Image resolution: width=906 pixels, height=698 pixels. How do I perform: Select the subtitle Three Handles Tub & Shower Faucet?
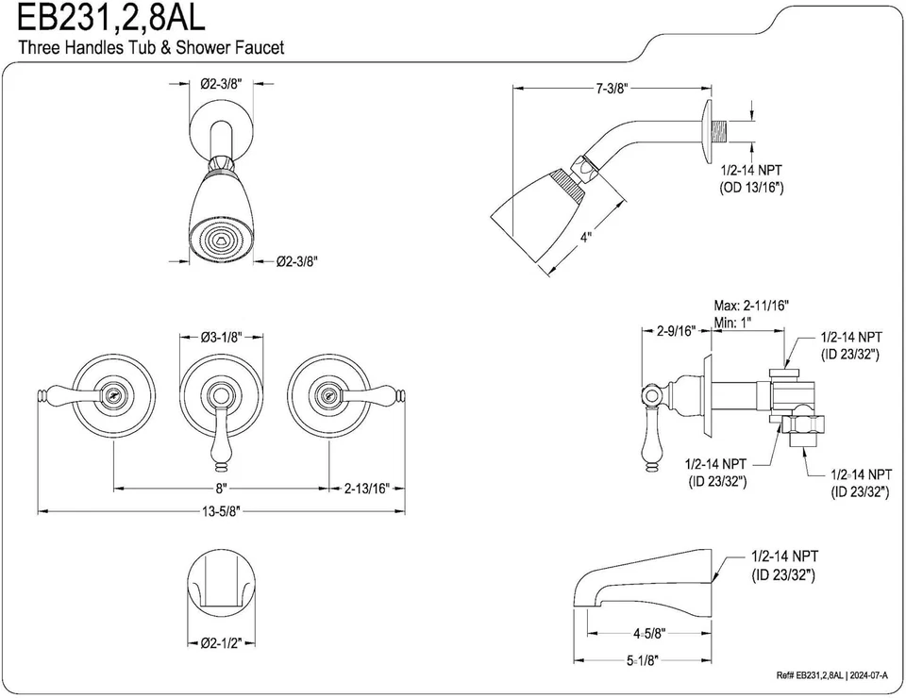[x=151, y=47]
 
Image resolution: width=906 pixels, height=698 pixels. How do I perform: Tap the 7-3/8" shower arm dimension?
[x=612, y=89]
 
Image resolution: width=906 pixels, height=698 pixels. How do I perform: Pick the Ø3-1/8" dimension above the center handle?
[x=223, y=336]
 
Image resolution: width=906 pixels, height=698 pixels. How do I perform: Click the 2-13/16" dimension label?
[x=367, y=489]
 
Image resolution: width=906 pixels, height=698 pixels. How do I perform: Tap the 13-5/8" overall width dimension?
[x=220, y=511]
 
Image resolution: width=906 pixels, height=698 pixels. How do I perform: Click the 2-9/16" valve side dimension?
[x=676, y=331]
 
